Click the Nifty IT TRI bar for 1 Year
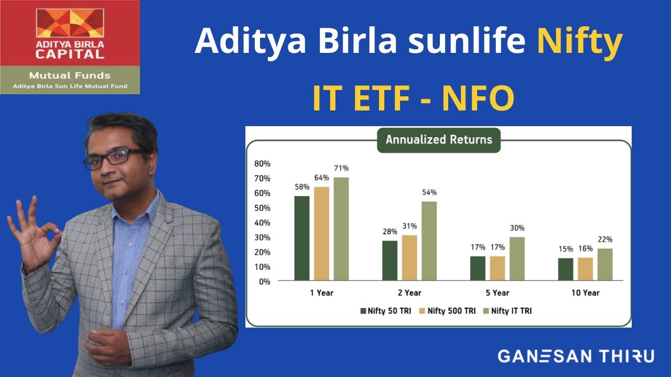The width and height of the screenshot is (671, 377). pos(341,229)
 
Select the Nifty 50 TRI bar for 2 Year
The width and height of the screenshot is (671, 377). pos(389,260)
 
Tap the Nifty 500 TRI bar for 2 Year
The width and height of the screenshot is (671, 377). pos(409,258)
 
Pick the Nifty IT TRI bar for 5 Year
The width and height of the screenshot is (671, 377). pos(517,258)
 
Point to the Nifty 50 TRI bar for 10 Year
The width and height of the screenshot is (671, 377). pos(566,269)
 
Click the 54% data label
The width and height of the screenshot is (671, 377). pos(429,193)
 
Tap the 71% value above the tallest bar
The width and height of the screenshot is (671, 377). pos(341,168)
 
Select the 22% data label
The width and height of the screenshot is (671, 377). pos(605,239)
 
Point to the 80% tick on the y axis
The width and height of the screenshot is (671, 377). pos(262,163)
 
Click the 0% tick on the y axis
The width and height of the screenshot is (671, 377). pos(264,281)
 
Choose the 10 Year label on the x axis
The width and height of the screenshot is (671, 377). pos(585,293)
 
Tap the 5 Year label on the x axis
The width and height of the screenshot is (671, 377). pos(497,293)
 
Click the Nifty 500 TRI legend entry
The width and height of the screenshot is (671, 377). pos(447,311)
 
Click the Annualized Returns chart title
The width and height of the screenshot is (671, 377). pos(439,140)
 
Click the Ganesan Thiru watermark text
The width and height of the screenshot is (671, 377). pos(576,357)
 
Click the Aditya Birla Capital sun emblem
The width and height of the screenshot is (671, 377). pos(70,23)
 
